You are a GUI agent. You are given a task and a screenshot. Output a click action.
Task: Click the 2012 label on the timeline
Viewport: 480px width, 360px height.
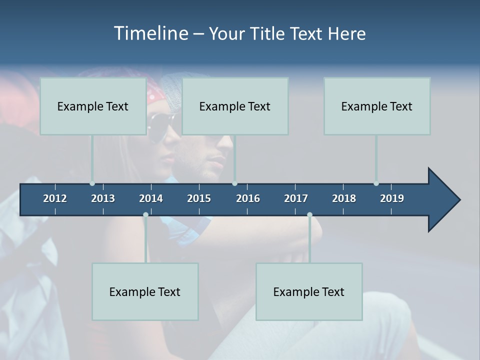point(55,198)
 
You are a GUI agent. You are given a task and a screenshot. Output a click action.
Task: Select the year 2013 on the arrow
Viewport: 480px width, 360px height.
point(103,198)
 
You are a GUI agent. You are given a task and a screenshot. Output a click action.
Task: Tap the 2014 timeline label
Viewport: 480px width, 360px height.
point(151,198)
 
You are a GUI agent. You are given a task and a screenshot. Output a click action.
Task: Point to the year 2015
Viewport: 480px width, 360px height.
point(199,198)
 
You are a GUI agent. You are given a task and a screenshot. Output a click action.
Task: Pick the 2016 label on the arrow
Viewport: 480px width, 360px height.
point(248,198)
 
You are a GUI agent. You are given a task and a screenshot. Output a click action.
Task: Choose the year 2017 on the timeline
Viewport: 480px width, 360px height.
point(296,198)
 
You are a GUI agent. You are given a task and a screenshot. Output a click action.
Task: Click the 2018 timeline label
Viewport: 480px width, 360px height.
point(344,198)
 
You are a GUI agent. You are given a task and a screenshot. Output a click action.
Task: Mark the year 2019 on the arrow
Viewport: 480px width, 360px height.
point(392,198)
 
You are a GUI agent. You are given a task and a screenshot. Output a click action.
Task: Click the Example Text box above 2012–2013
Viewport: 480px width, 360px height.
point(93,106)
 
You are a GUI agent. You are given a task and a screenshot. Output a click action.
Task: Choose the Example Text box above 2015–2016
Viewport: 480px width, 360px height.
point(235,106)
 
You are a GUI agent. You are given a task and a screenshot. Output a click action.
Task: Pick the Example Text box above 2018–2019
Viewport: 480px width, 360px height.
point(377,106)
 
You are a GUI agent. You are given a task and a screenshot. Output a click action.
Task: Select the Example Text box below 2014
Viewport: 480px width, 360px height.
point(145,291)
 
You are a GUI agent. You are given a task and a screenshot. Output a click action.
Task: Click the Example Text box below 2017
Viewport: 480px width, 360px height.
point(309,291)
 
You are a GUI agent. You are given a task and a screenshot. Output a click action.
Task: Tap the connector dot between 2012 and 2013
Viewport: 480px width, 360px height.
point(92,183)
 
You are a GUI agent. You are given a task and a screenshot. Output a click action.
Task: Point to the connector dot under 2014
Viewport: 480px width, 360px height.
point(145,215)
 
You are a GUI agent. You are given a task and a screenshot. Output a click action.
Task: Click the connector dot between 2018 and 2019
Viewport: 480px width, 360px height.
point(376,183)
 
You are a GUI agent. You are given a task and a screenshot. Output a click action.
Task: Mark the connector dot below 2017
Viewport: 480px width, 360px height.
point(309,215)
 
